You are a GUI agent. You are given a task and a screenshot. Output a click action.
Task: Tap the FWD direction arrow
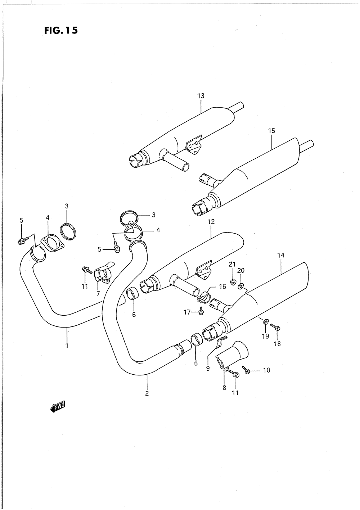(x=57, y=407)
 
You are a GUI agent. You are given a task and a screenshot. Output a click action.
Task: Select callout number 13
(x=201, y=96)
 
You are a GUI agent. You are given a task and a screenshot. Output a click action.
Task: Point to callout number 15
(x=271, y=131)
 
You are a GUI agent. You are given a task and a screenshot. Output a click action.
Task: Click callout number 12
(x=211, y=222)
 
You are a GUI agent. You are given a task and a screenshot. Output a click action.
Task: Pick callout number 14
(x=281, y=255)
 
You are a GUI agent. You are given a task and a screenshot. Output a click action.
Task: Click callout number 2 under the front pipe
(x=147, y=393)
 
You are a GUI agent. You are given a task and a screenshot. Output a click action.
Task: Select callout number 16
(x=222, y=286)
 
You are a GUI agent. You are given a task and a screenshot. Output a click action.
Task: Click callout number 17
(x=187, y=312)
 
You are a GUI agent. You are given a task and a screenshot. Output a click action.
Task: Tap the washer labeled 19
(x=265, y=321)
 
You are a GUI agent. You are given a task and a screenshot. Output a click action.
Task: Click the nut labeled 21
(x=232, y=281)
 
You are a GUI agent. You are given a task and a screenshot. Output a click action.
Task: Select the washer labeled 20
(x=240, y=286)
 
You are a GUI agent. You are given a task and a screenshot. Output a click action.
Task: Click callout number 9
(x=208, y=368)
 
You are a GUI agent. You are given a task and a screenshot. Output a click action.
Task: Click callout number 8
(x=224, y=388)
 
